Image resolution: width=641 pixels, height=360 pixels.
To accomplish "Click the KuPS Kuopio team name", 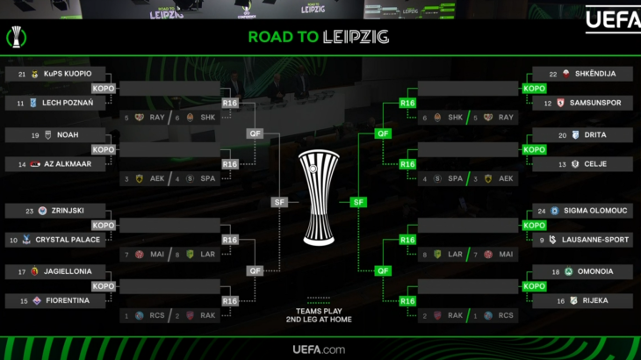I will point(68,74).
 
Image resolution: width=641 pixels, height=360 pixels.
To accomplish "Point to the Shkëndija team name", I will point(595,74).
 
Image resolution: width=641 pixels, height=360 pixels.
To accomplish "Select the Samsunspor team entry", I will point(595,104).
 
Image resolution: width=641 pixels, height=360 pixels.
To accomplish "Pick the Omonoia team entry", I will point(595,271).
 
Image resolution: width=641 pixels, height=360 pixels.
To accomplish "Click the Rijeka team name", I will point(595,301).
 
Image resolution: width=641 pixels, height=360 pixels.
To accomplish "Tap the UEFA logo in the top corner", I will point(612,19).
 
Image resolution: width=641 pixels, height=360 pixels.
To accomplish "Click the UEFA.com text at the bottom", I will point(319,349).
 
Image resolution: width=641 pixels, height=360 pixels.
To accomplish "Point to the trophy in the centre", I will point(319,198).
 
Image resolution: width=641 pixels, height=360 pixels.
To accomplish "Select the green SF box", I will point(358,202).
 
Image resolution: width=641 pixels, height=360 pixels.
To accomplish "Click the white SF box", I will point(278,202).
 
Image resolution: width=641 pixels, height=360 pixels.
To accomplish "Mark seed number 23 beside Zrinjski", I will point(30,211).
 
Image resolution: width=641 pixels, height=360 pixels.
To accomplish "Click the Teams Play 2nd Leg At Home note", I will point(319,314).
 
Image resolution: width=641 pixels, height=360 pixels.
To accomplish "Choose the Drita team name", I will point(595,135).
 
